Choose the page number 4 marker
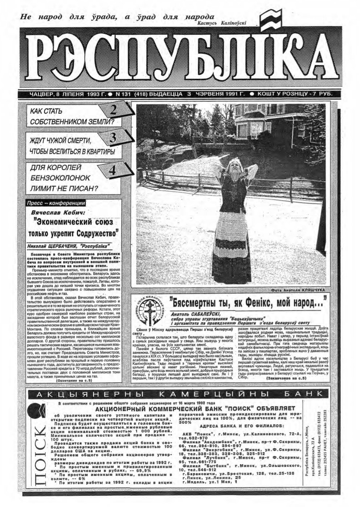tap(112, 170)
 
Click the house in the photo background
tap(276, 120)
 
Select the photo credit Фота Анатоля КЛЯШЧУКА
tap(297, 290)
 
